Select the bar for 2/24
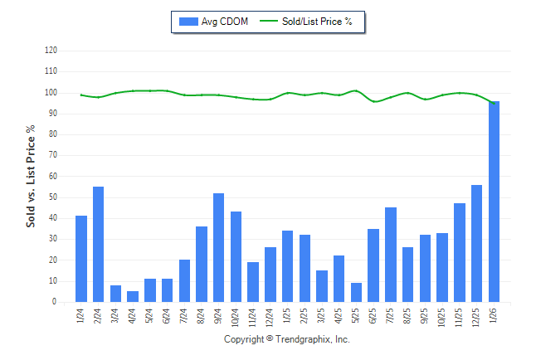coord(98,245)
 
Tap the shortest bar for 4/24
coord(133,297)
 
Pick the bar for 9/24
coord(219,248)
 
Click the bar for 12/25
coord(476,244)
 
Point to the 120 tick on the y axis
coord(51,51)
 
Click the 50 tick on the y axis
coord(52,197)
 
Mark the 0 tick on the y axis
coord(55,303)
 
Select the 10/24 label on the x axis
coord(236,316)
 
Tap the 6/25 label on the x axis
coord(373,316)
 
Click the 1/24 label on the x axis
coord(80,316)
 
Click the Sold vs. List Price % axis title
coord(31,177)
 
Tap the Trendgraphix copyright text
coord(286,340)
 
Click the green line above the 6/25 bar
coord(373,101)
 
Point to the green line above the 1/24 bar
coord(80,95)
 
